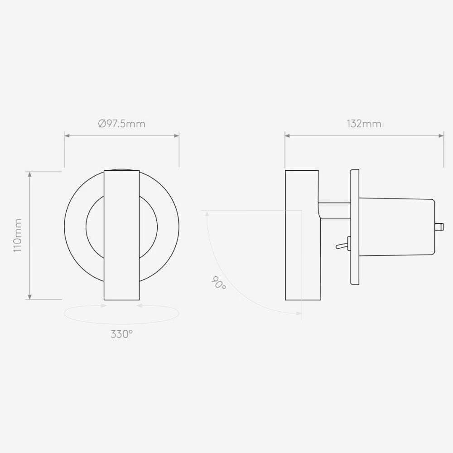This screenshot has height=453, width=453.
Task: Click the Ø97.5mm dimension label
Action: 121,124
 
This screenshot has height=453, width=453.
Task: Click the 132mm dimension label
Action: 364,124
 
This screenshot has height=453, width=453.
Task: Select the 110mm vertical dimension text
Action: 18,235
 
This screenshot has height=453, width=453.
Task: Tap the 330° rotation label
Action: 121,335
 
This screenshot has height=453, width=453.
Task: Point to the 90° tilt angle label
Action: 218,284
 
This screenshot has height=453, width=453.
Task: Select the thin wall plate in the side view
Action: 355,226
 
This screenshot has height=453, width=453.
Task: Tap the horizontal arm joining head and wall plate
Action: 335,210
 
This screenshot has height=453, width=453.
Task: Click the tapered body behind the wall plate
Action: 396,226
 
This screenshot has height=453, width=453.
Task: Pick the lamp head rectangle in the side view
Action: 302,235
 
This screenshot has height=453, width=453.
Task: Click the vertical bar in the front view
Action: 121,235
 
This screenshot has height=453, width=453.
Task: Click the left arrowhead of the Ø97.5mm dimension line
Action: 67,135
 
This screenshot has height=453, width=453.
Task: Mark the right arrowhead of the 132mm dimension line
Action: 441,135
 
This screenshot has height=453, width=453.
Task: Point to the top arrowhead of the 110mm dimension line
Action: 30,174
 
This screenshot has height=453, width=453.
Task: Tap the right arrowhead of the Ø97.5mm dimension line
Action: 177,135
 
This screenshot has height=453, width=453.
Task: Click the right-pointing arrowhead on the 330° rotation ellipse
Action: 104,306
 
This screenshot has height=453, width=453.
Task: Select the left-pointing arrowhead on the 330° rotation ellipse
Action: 139,306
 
